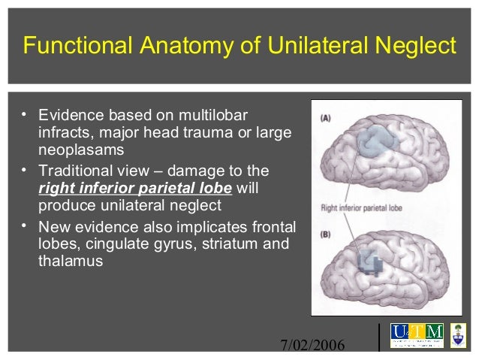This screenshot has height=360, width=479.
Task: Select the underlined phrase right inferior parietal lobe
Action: pyautogui.click(x=134, y=187)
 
